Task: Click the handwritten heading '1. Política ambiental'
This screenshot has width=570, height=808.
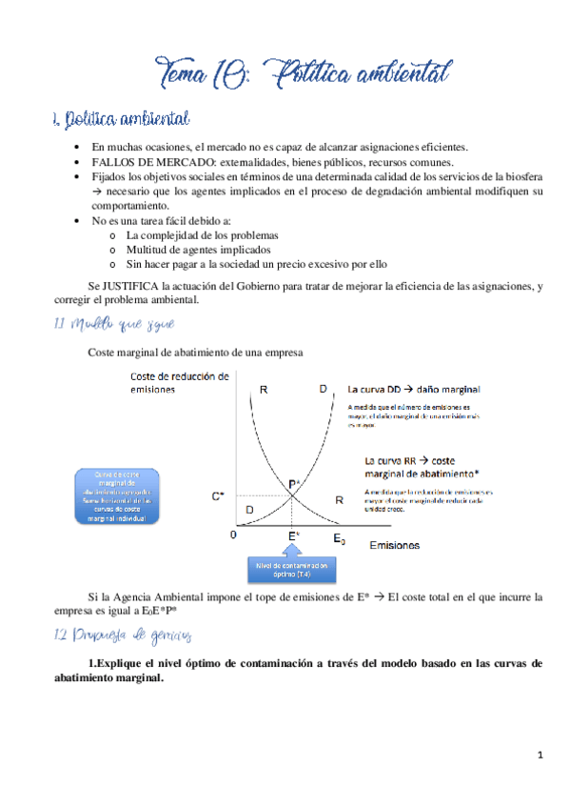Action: [x=121, y=120]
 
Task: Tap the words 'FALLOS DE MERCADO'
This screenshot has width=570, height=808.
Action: [x=138, y=162]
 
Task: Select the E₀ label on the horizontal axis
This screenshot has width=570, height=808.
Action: [x=338, y=539]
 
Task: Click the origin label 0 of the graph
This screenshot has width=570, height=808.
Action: [x=231, y=535]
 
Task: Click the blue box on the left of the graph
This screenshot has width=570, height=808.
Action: [x=118, y=496]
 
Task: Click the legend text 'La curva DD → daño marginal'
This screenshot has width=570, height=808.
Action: [x=413, y=389]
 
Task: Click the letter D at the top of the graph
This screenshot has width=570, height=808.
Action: [x=324, y=389]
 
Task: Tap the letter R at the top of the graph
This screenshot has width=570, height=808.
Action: [x=263, y=389]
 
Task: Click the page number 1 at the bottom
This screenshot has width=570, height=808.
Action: [x=540, y=756]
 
